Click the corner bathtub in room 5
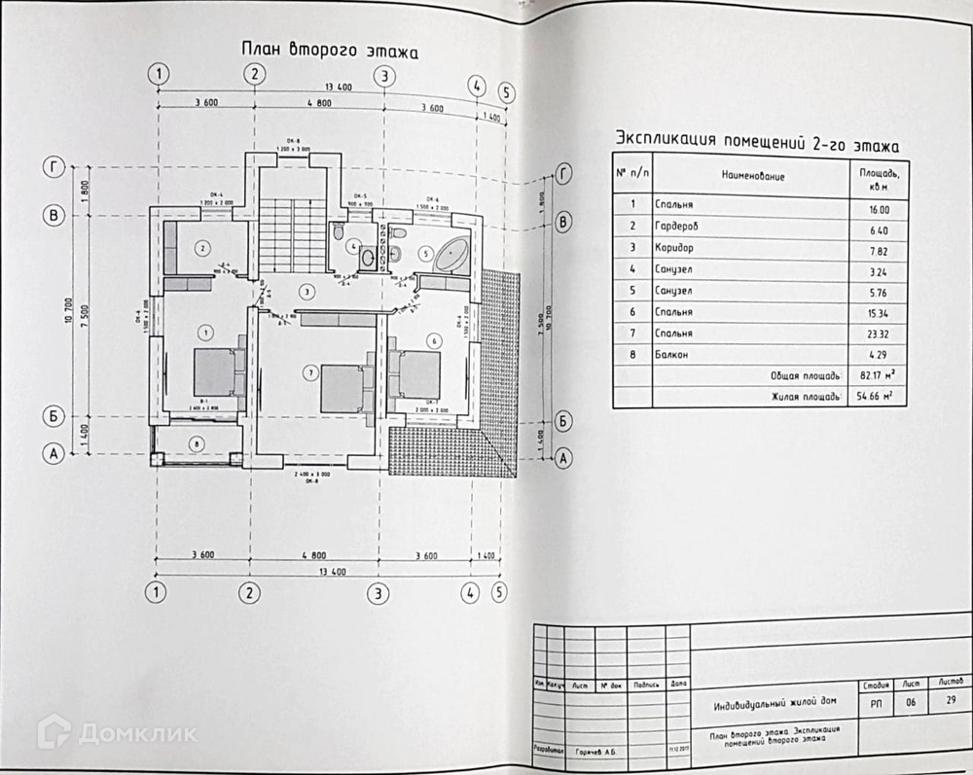pyautogui.click(x=451, y=256)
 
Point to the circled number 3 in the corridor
pyautogui.click(x=306, y=291)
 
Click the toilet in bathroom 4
pyautogui.click(x=337, y=233)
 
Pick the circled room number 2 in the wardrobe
pyautogui.click(x=201, y=249)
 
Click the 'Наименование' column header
pyautogui.click(x=752, y=176)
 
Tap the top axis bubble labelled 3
pyautogui.click(x=384, y=76)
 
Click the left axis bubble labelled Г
pyautogui.click(x=54, y=167)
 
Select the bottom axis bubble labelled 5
pyautogui.click(x=500, y=590)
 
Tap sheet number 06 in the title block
pyautogui.click(x=911, y=702)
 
